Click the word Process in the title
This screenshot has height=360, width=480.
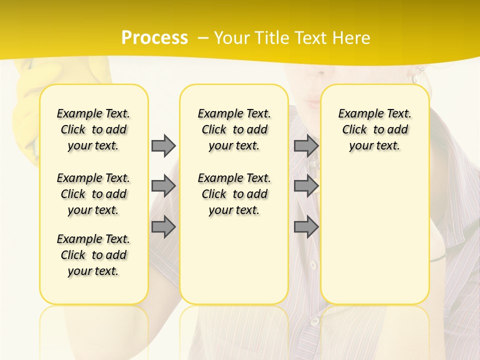click(154, 37)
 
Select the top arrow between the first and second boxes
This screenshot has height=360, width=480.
click(163, 145)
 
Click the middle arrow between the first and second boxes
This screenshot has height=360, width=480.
click(163, 186)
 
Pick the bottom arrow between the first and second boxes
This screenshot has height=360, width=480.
click(163, 227)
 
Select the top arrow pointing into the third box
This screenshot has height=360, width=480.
click(306, 145)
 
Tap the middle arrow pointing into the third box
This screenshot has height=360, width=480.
click(306, 186)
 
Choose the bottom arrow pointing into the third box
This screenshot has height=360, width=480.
click(306, 227)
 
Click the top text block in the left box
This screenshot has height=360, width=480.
click(93, 129)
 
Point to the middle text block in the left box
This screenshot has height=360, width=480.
click(93, 194)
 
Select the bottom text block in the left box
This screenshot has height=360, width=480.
click(93, 255)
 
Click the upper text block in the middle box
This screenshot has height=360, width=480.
click(234, 129)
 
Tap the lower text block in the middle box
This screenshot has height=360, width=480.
click(234, 194)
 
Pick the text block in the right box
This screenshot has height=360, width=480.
click(374, 129)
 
